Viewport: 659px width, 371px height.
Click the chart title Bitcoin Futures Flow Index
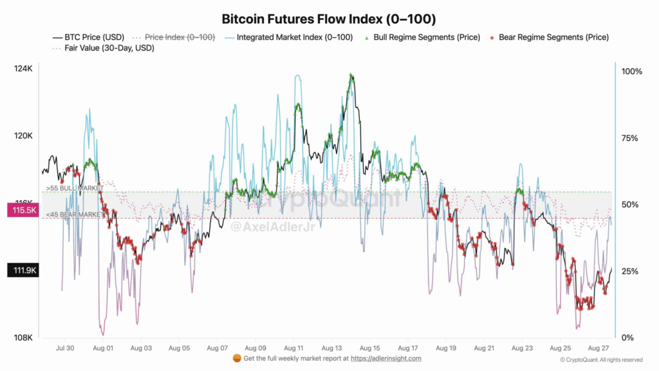pyautogui.click(x=329, y=19)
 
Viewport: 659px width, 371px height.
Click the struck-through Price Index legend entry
pyautogui.click(x=180, y=37)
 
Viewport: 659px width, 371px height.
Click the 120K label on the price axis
pyautogui.click(x=24, y=136)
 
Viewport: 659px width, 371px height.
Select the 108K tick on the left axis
pyautogui.click(x=24, y=338)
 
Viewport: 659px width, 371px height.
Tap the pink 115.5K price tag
pyautogui.click(x=23, y=211)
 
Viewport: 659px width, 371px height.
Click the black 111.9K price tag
pyautogui.click(x=23, y=271)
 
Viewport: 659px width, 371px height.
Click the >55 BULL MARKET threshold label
pyautogui.click(x=75, y=188)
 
